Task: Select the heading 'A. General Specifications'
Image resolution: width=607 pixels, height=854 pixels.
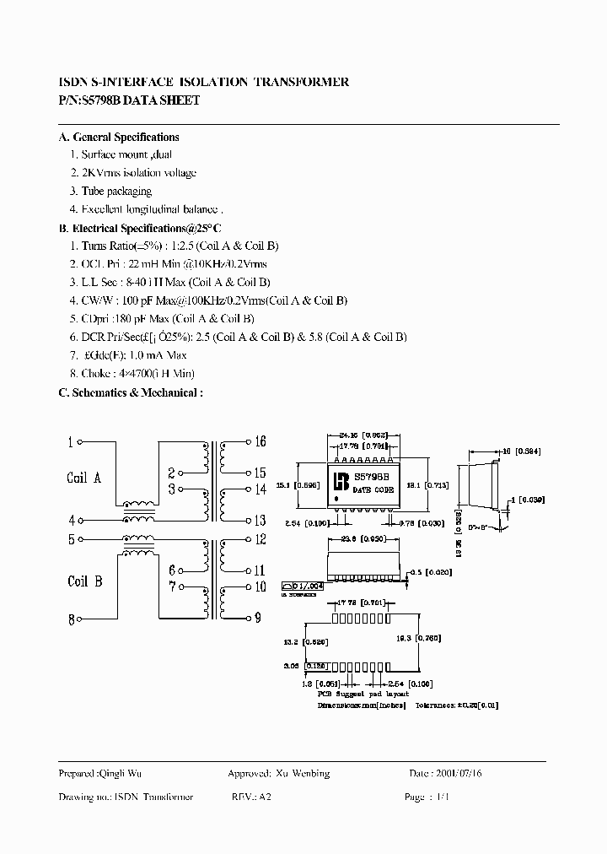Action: click(119, 137)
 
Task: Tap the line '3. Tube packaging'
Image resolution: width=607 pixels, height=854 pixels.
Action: click(110, 192)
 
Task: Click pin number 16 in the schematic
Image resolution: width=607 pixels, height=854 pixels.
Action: click(260, 441)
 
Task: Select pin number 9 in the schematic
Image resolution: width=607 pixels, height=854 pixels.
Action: click(257, 617)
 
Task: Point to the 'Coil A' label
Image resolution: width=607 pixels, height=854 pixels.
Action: click(84, 478)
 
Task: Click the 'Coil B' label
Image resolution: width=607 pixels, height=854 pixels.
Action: click(84, 581)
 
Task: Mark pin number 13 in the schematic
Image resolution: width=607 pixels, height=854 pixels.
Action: click(260, 521)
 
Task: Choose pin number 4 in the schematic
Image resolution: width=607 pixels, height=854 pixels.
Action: click(71, 520)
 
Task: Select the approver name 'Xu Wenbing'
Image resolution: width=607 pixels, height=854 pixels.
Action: click(303, 773)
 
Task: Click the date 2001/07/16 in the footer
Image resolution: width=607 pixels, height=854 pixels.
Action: click(461, 773)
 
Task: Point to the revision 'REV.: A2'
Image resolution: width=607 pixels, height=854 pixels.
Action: click(251, 797)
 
